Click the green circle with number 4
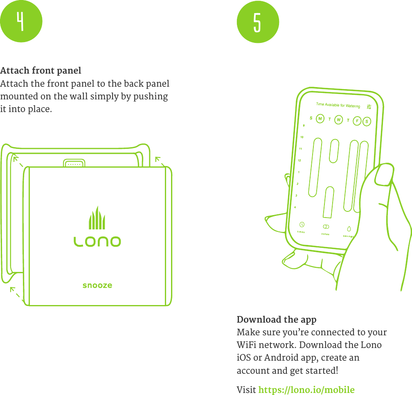click(x=21, y=21)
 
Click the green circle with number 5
click(x=258, y=22)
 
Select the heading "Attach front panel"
click(x=41, y=71)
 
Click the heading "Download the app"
click(x=277, y=319)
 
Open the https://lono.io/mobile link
click(x=306, y=390)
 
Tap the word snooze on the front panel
click(x=97, y=285)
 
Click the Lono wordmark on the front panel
click(x=97, y=242)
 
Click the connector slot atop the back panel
click(x=74, y=164)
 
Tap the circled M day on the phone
click(x=320, y=119)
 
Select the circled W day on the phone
click(x=338, y=120)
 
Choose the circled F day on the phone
click(x=357, y=121)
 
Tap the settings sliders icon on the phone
click(x=369, y=107)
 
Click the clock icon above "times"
click(x=302, y=224)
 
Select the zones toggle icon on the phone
click(x=326, y=227)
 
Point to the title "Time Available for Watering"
click(x=338, y=105)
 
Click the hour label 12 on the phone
click(x=299, y=160)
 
